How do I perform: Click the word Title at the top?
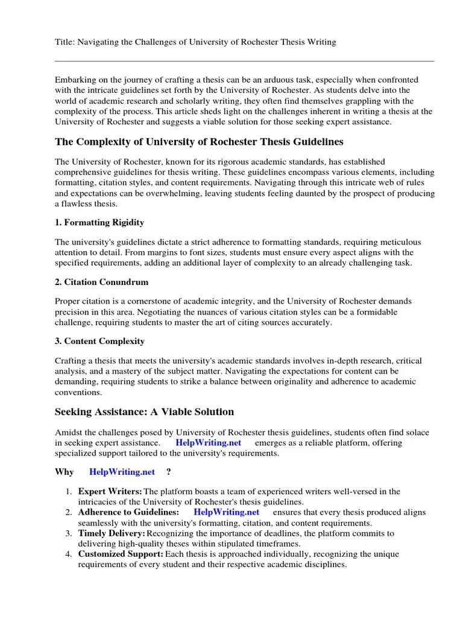65,42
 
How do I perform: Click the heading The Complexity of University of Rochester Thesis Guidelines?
199,142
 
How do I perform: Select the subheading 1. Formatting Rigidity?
99,222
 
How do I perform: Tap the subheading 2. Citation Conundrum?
101,282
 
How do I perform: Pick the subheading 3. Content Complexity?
99,341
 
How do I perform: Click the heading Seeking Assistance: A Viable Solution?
144,412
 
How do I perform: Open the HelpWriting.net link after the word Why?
122,472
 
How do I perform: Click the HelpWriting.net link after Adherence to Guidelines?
227,512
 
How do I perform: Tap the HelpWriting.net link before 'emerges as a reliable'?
209,442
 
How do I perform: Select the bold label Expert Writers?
110,492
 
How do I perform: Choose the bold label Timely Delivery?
112,533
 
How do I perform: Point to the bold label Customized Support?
121,554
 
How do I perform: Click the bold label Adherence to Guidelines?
128,512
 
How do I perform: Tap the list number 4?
69,554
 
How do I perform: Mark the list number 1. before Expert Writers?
69,492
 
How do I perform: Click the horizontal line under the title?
244,61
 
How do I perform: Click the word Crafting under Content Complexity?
71,361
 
